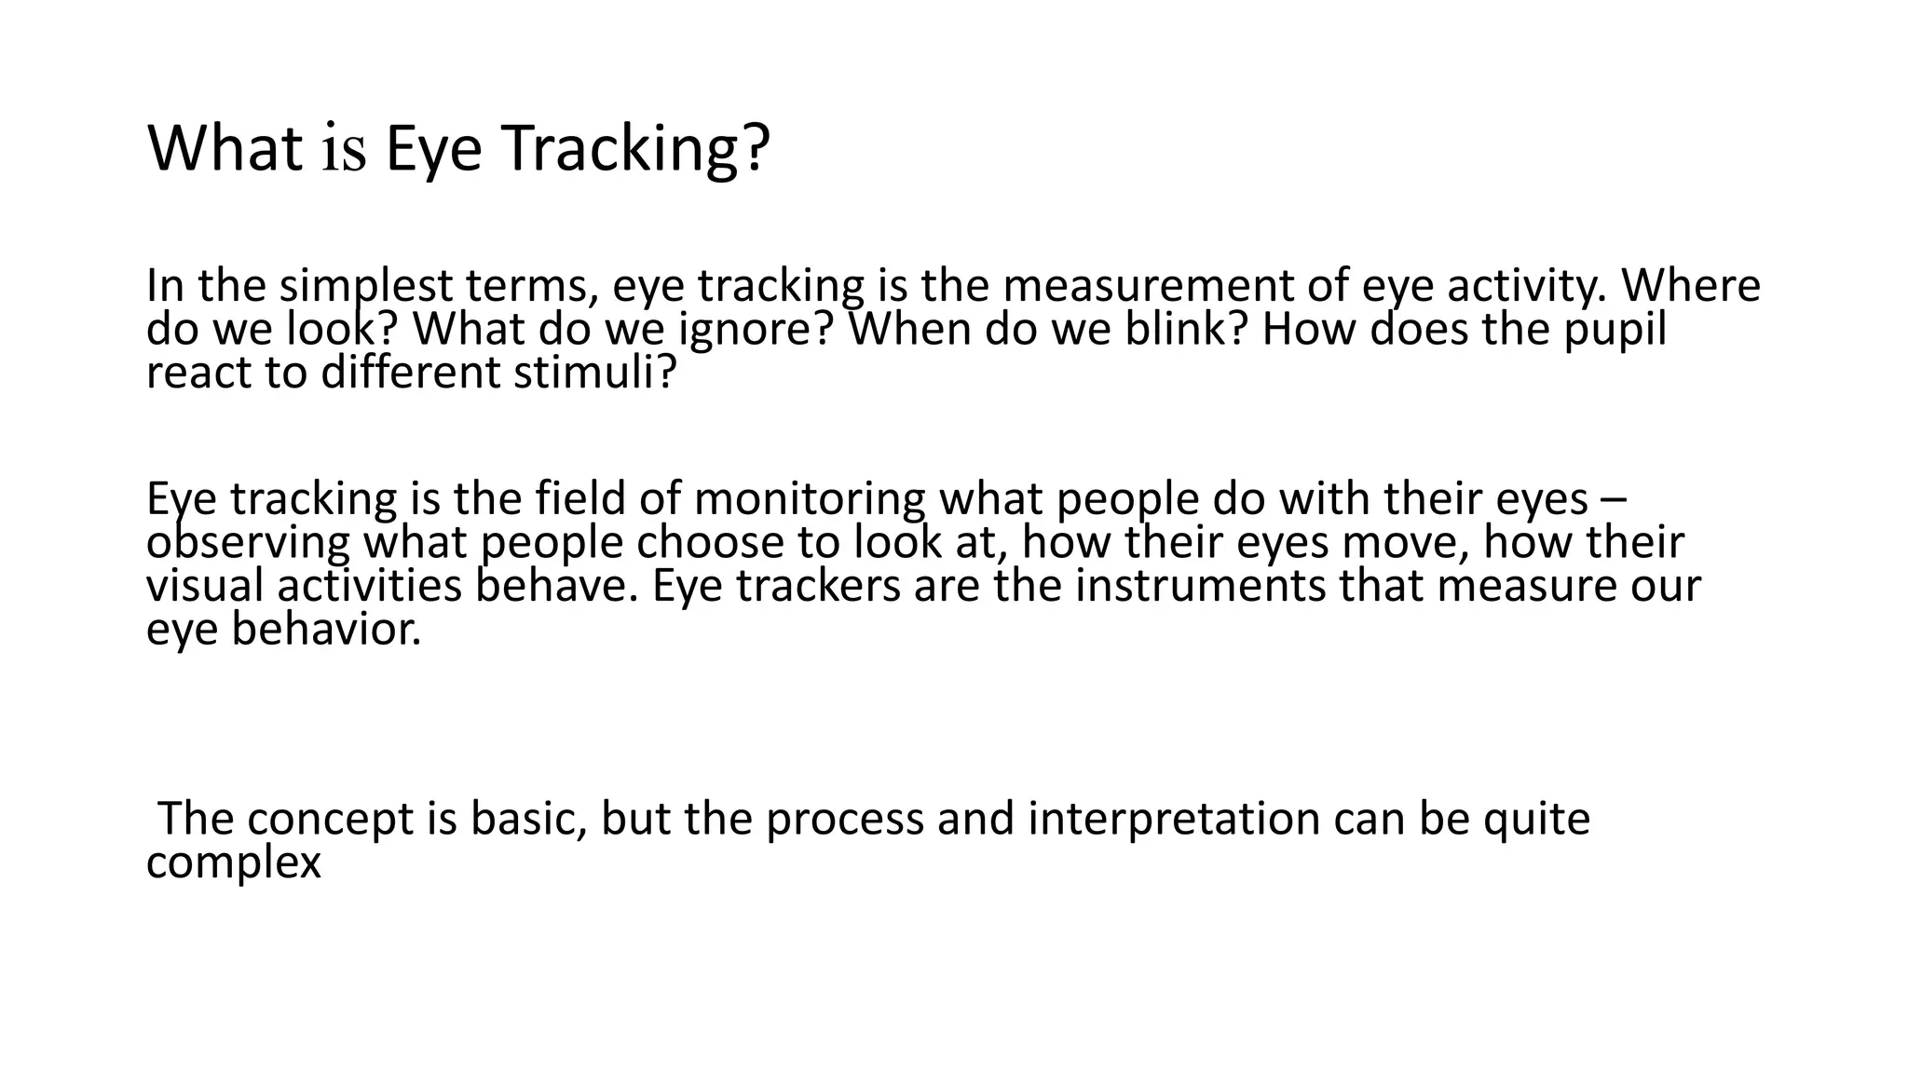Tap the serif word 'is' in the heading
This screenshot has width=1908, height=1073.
(x=344, y=151)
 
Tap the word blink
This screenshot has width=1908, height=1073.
(x=1176, y=329)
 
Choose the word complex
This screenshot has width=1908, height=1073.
(x=233, y=863)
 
